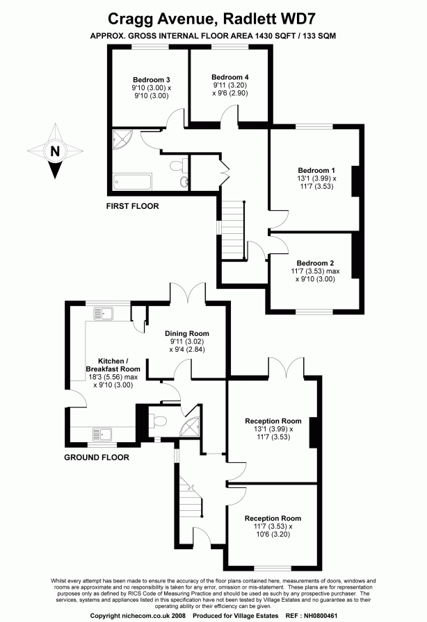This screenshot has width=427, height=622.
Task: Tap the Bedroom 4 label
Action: [229, 76]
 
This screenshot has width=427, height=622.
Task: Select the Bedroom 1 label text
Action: [316, 170]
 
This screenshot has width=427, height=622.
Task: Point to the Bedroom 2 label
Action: [315, 262]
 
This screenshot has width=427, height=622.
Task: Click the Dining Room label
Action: [186, 333]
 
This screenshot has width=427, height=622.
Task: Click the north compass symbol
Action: [54, 151]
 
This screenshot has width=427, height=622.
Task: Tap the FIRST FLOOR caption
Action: [132, 206]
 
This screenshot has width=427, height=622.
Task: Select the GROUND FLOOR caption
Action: [97, 457]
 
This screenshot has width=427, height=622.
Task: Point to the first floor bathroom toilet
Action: [183, 182]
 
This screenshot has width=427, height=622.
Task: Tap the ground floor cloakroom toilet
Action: [159, 421]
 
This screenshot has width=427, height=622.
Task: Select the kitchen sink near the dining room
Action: [102, 314]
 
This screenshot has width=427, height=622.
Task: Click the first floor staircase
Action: [233, 229]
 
